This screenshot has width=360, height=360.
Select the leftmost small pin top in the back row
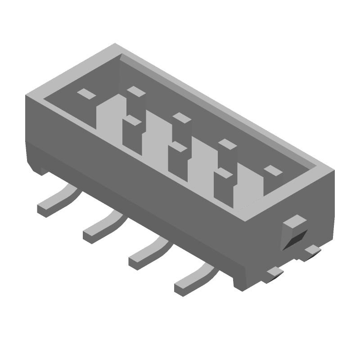[86, 94]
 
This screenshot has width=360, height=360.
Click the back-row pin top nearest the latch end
[272, 170]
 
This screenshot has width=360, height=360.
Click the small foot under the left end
[42, 171]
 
